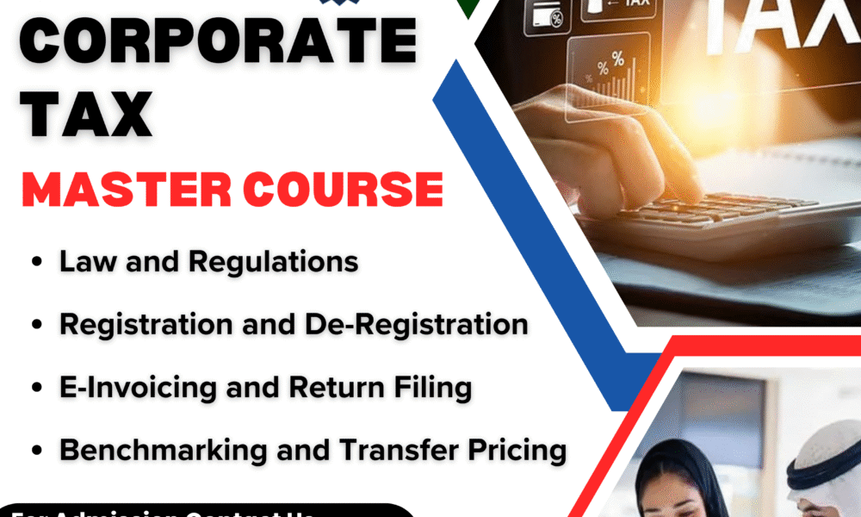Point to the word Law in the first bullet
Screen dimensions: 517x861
point(82,261)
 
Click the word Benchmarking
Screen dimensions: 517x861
point(154,450)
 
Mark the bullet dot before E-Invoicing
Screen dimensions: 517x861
point(37,389)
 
